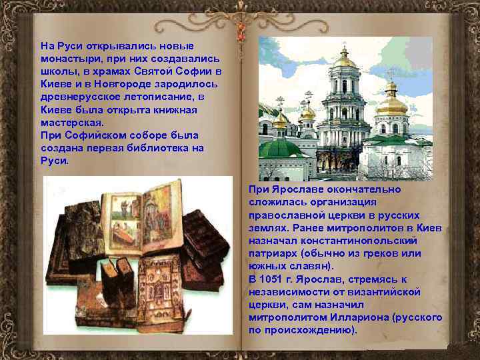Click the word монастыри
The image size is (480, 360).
point(67,58)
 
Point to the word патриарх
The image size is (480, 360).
point(272,253)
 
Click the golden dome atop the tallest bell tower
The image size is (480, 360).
point(345,60)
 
